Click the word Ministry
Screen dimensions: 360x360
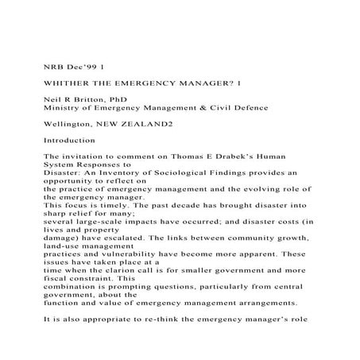click(68, 108)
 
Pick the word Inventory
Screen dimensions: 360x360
click(127, 180)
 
